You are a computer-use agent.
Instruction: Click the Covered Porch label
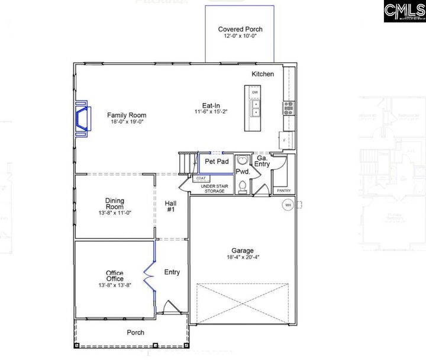point(240,29)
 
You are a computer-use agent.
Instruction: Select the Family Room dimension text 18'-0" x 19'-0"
point(127,122)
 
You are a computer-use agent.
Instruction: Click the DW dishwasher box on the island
point(255,93)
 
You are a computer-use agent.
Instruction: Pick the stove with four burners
point(289,107)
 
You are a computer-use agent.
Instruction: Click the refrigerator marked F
point(285,140)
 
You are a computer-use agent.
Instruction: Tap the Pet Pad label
point(217,161)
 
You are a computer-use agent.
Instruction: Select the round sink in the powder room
point(241,160)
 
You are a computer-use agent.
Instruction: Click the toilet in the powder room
point(241,187)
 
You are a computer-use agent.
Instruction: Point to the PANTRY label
point(284,191)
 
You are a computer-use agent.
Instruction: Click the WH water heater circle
point(288,205)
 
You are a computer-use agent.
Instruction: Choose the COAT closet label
point(201,178)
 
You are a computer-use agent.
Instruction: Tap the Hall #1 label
point(170,206)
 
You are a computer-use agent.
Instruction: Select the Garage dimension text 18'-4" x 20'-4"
point(243,258)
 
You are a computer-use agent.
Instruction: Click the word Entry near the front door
point(172,272)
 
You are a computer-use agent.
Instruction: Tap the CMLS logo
point(404,11)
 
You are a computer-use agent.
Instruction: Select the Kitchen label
point(263,74)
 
